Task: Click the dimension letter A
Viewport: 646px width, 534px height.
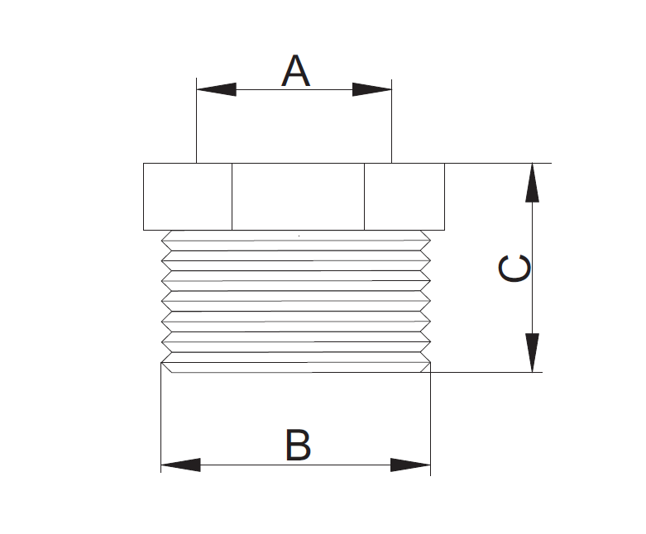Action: click(x=295, y=71)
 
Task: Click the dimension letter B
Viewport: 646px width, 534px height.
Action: click(x=298, y=446)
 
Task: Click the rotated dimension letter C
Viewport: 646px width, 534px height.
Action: click(x=515, y=269)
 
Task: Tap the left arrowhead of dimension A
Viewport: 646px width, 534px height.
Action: click(x=215, y=89)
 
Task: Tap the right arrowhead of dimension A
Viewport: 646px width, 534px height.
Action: click(x=372, y=89)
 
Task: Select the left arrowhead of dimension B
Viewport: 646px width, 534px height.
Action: click(x=180, y=465)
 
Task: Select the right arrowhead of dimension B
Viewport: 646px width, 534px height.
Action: click(x=411, y=465)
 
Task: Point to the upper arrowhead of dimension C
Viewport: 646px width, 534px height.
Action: click(x=533, y=183)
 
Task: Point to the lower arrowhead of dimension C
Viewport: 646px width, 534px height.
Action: click(x=533, y=353)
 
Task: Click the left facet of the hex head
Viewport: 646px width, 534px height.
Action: click(x=188, y=197)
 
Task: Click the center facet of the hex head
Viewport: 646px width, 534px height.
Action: click(x=298, y=197)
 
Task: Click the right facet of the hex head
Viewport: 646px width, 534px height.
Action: click(x=404, y=197)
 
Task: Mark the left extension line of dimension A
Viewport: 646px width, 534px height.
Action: click(x=196, y=124)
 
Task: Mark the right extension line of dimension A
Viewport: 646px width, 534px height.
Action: click(x=391, y=124)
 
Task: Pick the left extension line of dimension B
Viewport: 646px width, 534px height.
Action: click(x=161, y=422)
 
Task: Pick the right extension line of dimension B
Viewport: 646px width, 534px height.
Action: click(x=431, y=422)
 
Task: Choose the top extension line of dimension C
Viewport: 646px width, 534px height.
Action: click(x=496, y=163)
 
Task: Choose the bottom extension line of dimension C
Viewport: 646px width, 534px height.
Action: click(x=488, y=372)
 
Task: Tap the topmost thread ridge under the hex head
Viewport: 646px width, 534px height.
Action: click(x=296, y=239)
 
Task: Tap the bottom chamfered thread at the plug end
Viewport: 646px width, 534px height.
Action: click(x=296, y=365)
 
